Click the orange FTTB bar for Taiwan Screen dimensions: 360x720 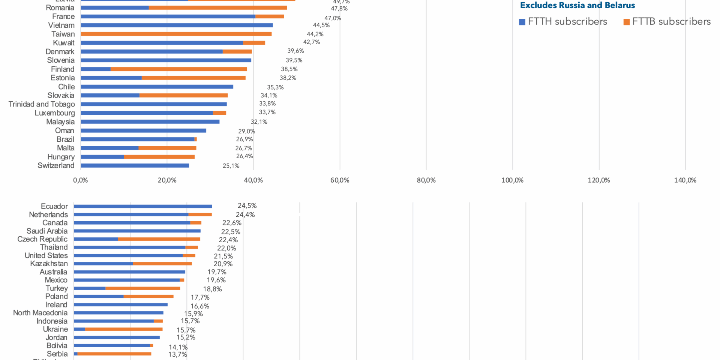[176, 34]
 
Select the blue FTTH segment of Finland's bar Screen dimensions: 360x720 [96, 69]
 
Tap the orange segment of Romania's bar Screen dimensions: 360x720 [217, 8]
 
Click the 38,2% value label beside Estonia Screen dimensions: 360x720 [288, 78]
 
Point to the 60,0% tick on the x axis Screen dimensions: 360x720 [340, 180]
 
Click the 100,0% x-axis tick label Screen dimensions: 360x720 [512, 180]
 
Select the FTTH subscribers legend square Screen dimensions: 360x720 [522, 22]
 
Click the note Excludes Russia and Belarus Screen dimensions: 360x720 [577, 6]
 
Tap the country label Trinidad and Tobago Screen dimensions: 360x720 [42, 104]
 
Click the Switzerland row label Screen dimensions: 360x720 [56, 166]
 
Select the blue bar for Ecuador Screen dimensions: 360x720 [143, 206]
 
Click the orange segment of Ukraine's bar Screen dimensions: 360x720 [124, 329]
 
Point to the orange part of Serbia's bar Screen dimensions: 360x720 [114, 354]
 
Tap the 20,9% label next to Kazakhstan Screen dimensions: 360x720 [223, 264]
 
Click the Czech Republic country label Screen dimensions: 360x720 [42, 239]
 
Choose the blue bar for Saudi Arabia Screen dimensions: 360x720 [137, 231]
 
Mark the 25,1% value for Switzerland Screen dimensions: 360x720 [231, 166]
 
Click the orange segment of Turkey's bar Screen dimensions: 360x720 [143, 288]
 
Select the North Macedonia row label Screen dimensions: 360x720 [40, 313]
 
